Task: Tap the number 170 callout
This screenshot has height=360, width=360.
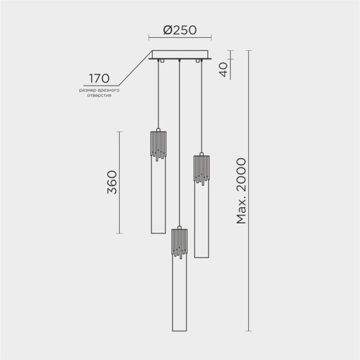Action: pos(99,78)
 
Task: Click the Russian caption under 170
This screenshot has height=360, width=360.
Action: pos(99,93)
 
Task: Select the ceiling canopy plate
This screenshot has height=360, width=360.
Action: pos(180,56)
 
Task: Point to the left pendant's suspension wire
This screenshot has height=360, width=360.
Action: pos(159,93)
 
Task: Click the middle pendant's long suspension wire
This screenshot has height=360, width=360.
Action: pos(179,143)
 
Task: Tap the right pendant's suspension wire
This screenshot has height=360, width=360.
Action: pos(200,106)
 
